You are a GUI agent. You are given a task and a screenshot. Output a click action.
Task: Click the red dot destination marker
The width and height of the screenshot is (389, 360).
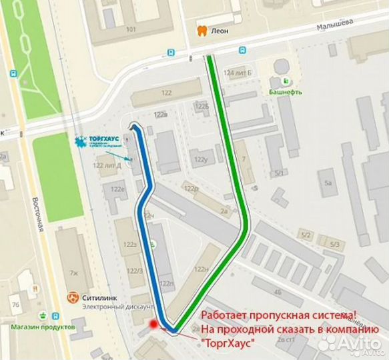coord(154,325)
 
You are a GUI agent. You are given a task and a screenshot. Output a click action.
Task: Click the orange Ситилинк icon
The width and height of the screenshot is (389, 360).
coord(71,297)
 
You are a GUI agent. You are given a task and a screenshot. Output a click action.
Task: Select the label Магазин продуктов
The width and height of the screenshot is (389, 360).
coord(41,327)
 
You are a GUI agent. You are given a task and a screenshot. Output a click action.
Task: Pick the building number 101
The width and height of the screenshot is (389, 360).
coord(131,29)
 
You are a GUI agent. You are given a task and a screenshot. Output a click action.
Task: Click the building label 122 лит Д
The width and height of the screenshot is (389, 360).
coord(107,165)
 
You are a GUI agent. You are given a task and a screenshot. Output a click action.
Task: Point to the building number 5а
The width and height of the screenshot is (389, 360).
coord(327,182)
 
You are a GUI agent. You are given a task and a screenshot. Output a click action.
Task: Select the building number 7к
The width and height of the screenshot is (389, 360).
coord(74,273)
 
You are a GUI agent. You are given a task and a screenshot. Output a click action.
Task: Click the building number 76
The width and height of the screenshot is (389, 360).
coord(15,305)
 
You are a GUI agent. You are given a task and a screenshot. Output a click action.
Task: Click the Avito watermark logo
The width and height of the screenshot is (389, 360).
coord(350,343)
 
